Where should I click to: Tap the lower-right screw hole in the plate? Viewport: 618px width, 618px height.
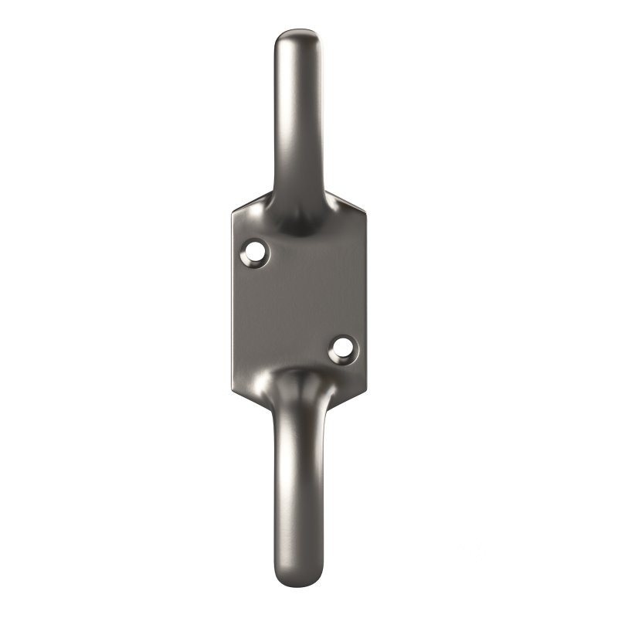pyautogui.click(x=341, y=348)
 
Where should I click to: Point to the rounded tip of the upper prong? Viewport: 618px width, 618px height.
pyautogui.click(x=298, y=36)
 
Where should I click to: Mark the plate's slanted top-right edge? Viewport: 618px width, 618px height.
pyautogui.click(x=349, y=199)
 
